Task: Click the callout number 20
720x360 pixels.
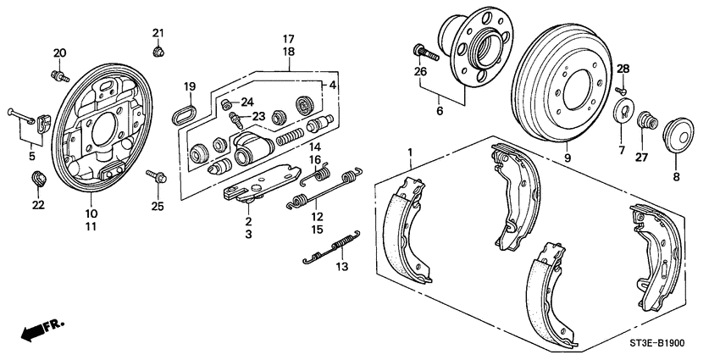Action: (x=59, y=53)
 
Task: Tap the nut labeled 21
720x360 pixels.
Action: (x=158, y=53)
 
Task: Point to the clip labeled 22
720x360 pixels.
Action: (x=38, y=179)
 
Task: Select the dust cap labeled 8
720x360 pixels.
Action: (x=678, y=136)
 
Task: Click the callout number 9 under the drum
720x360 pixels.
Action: (x=568, y=158)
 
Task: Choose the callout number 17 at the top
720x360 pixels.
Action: (x=288, y=39)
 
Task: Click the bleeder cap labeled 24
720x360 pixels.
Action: (x=226, y=103)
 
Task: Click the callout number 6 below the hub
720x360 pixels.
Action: (x=439, y=110)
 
